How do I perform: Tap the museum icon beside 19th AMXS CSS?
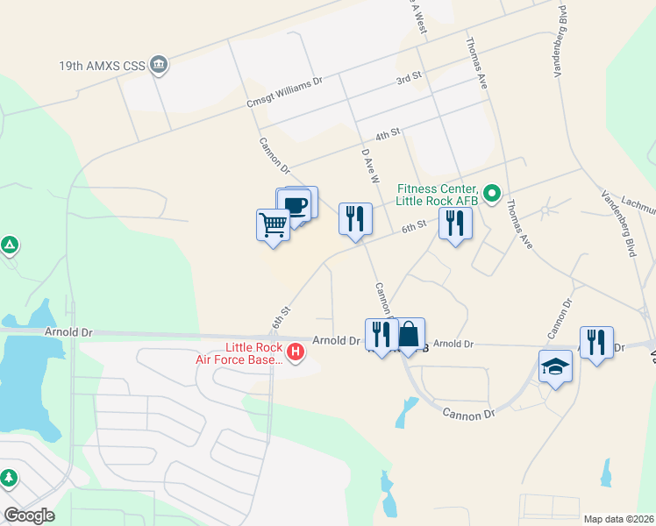pyautogui.click(x=159, y=64)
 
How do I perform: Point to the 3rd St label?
pyautogui.click(x=409, y=79)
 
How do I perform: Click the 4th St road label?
pyautogui.click(x=387, y=134)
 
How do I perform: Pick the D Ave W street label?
pyautogui.click(x=370, y=165)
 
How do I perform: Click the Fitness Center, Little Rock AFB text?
pyautogui.click(x=438, y=195)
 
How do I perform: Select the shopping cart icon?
pyautogui.click(x=274, y=225)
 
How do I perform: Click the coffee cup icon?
pyautogui.click(x=297, y=205)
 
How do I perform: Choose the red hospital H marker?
pyautogui.click(x=296, y=352)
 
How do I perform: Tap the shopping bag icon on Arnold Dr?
pyautogui.click(x=409, y=334)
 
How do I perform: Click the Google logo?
pyautogui.click(x=29, y=515)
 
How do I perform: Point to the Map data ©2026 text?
pyautogui.click(x=617, y=519)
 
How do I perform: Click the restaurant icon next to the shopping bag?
pyautogui.click(x=381, y=334)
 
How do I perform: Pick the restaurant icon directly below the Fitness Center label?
pyautogui.click(x=455, y=224)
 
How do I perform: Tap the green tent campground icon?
pyautogui.click(x=10, y=245)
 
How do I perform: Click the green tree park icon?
pyautogui.click(x=8, y=479)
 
